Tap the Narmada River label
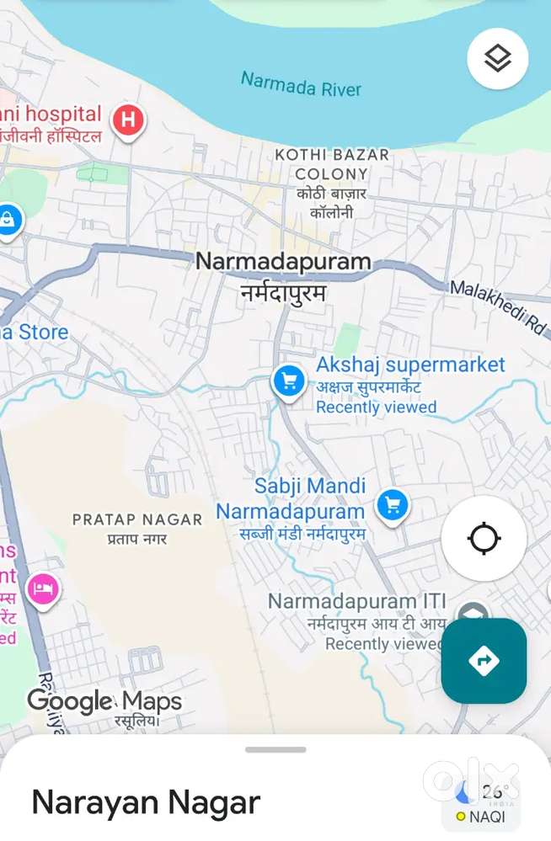(x=301, y=84)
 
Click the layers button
(x=497, y=58)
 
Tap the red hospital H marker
(x=128, y=120)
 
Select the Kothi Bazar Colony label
(x=332, y=164)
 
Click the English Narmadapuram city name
(x=283, y=261)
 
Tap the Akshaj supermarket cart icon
(x=289, y=381)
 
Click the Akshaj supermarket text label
(x=410, y=365)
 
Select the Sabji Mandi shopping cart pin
(x=391, y=506)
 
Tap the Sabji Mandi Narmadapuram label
(x=291, y=498)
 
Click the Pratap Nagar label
(x=137, y=519)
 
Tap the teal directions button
(x=484, y=661)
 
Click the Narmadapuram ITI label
(x=356, y=602)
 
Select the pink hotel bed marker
(x=41, y=588)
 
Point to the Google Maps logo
(x=104, y=700)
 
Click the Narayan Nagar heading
(x=146, y=802)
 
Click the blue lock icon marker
(x=7, y=221)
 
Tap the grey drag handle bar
(x=275, y=749)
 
